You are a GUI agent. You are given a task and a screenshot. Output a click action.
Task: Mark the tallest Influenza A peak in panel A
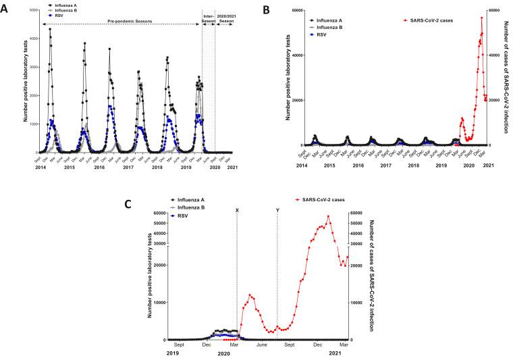click(x=50, y=29)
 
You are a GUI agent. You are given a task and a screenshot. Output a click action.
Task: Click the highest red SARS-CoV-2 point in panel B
click(x=481, y=18)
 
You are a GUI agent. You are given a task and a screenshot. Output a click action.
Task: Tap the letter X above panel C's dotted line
click(x=237, y=210)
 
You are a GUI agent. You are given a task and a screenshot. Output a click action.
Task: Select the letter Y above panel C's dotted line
click(x=277, y=210)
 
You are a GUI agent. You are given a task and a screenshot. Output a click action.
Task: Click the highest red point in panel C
click(x=328, y=217)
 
